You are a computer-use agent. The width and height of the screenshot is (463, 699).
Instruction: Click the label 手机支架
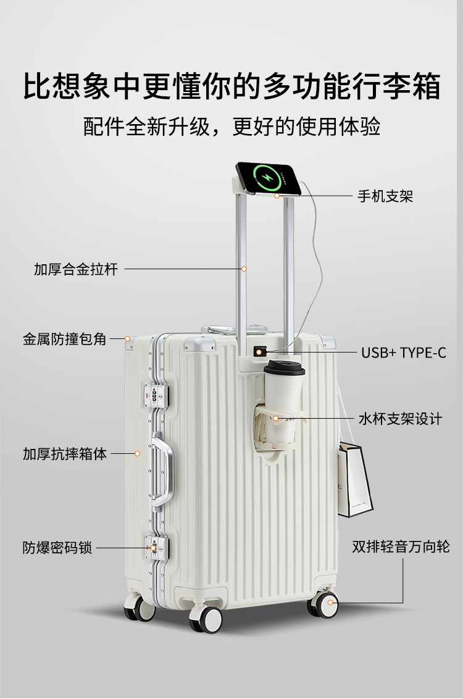click(x=385, y=196)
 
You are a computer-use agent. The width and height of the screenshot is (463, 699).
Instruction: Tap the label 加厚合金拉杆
click(x=75, y=269)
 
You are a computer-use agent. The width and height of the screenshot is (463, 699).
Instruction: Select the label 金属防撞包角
click(x=65, y=339)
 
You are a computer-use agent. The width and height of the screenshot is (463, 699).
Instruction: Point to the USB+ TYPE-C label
click(x=403, y=353)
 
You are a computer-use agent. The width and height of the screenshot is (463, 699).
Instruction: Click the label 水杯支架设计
click(x=401, y=419)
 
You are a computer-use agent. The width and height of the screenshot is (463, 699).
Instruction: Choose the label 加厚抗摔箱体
click(x=65, y=454)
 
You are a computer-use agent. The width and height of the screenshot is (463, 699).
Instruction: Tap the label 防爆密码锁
click(x=57, y=548)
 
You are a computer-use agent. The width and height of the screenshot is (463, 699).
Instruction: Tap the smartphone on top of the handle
click(x=269, y=178)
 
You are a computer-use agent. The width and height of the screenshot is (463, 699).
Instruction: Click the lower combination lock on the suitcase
click(x=155, y=546)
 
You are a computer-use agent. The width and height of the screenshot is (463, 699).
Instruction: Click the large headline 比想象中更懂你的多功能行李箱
click(x=231, y=86)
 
